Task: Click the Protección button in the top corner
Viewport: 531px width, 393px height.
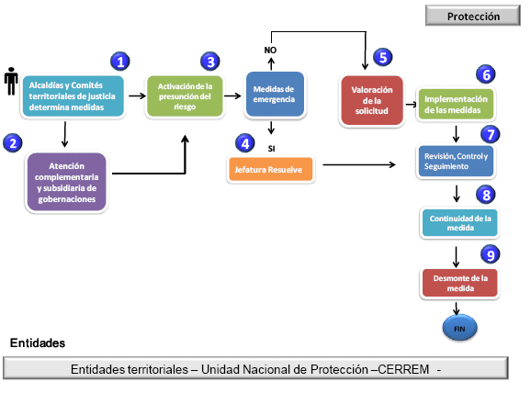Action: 473,16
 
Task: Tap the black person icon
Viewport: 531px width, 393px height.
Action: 11,81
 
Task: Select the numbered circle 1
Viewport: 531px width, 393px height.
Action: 120,62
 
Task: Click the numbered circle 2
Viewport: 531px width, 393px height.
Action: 13,143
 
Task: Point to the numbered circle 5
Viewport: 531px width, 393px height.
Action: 383,57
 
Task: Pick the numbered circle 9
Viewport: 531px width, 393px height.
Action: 490,255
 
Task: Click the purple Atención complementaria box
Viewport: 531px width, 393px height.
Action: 67,182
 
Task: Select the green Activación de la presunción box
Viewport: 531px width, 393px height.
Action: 185,96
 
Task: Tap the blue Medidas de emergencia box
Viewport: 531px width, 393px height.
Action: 275,94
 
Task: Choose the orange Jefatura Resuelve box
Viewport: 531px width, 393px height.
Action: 271,169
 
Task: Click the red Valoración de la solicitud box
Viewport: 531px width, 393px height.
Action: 372,100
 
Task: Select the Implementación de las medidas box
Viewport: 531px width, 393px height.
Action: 456,104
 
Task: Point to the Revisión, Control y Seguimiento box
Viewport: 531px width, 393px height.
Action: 456,161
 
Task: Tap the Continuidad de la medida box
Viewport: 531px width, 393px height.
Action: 460,223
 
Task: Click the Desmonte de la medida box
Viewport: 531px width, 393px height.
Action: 460,283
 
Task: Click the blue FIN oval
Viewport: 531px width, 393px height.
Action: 459,328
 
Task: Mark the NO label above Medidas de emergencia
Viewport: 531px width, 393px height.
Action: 270,51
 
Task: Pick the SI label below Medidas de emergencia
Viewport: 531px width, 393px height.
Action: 271,148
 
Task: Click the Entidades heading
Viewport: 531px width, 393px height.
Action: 38,342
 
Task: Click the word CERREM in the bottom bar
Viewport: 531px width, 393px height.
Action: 403,369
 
